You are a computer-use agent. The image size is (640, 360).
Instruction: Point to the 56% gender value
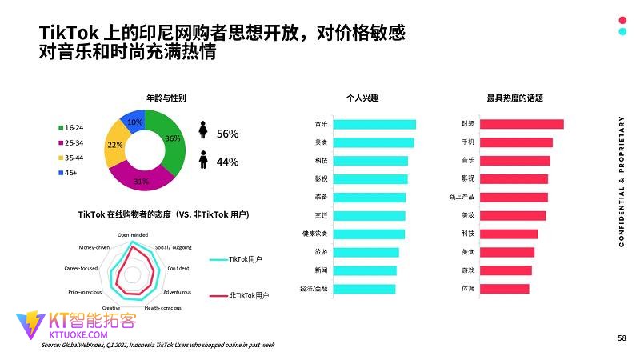[x=228, y=134]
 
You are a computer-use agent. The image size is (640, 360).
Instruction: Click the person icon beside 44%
[x=204, y=161]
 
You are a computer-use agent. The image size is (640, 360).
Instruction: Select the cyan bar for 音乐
[x=374, y=124]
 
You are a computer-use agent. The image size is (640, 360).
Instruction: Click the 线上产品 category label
[x=462, y=197]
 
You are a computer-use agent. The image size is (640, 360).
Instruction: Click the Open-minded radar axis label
[x=133, y=234]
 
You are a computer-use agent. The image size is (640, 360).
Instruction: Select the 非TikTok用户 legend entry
[x=249, y=295]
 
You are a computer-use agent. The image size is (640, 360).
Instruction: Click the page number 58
[x=622, y=338]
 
